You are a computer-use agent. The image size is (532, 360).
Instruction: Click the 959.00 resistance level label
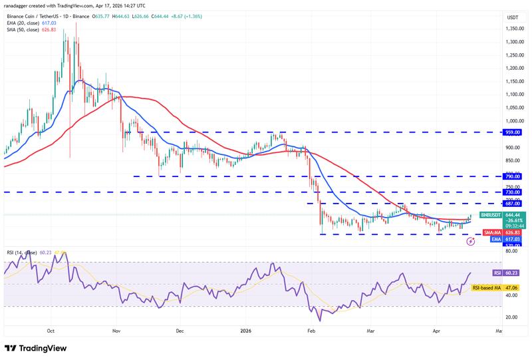513,132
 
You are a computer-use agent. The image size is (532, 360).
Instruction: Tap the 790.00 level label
513,176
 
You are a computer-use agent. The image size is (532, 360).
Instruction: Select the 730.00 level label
513,192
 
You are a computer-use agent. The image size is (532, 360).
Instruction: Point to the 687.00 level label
513,203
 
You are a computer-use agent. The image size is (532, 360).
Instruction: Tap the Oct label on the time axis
51,329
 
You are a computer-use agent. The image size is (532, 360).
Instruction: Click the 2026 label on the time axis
245,329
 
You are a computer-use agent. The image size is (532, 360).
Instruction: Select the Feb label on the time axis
310,329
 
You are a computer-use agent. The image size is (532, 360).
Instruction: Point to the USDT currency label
512,17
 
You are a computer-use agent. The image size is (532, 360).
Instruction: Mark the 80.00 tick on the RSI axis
512,252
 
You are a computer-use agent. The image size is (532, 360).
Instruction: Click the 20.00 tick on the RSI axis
512,317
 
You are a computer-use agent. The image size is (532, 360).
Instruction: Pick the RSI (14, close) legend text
22,252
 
